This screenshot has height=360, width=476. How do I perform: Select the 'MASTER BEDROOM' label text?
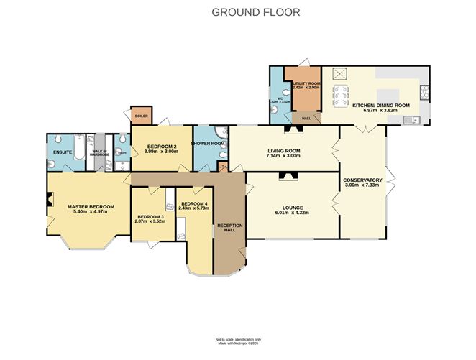tap(87, 207)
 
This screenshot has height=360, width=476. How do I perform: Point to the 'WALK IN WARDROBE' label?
tap(99, 153)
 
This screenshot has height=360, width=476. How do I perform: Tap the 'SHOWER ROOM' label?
tap(208, 144)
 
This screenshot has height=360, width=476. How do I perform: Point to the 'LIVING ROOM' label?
tap(283, 150)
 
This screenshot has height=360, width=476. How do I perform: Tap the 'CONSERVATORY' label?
tap(362, 180)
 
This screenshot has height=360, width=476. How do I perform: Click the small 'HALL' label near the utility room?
tap(306, 118)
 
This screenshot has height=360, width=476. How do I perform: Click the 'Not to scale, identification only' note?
tap(238, 338)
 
